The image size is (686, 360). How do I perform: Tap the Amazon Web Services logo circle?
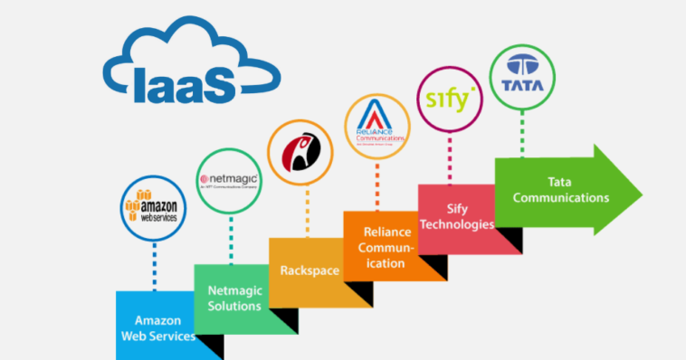click(156, 206)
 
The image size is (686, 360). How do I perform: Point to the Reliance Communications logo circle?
click(377, 125)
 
